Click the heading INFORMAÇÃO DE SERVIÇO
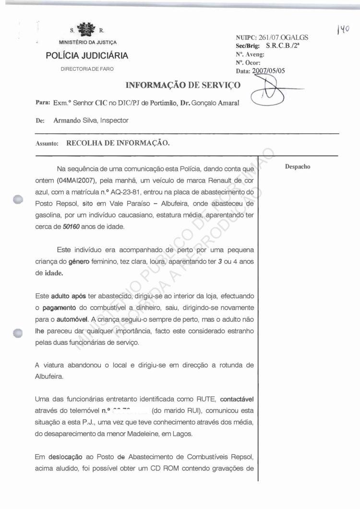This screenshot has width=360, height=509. pos(182,86)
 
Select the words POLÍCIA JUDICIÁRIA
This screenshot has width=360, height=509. pos(87,56)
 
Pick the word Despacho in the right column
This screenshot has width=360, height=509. pos(298,167)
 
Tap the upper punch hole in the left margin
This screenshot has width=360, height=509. pos(18,200)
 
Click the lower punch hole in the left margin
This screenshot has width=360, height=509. pos(18,332)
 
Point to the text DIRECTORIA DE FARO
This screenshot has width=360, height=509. pos(87,69)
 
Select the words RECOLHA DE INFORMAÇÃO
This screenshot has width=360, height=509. pos(118,143)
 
